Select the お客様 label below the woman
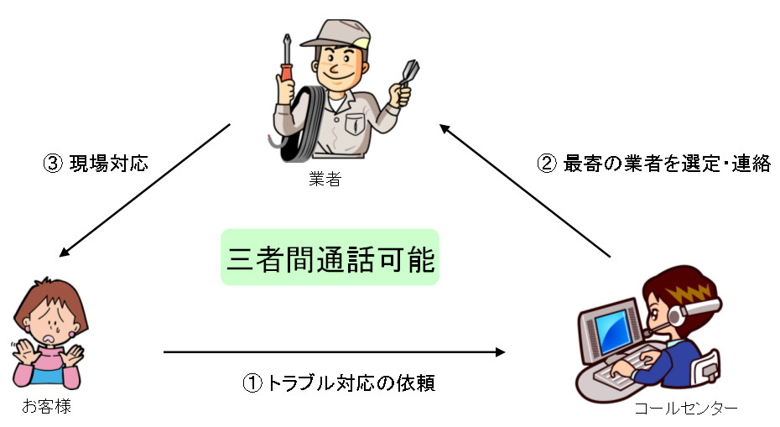[43, 408]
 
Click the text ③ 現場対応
[95, 163]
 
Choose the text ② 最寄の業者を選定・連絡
[653, 163]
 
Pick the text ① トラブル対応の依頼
[339, 383]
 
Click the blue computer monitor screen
[614, 331]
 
